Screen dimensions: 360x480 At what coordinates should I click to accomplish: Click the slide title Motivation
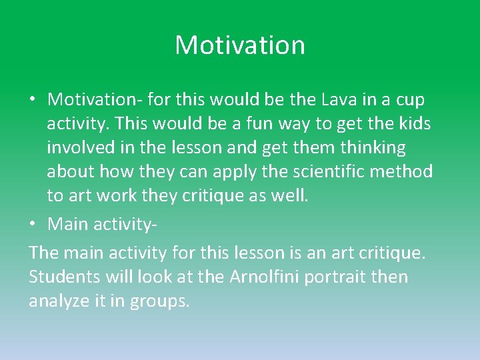240,45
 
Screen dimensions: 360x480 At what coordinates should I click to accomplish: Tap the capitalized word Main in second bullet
69,224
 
